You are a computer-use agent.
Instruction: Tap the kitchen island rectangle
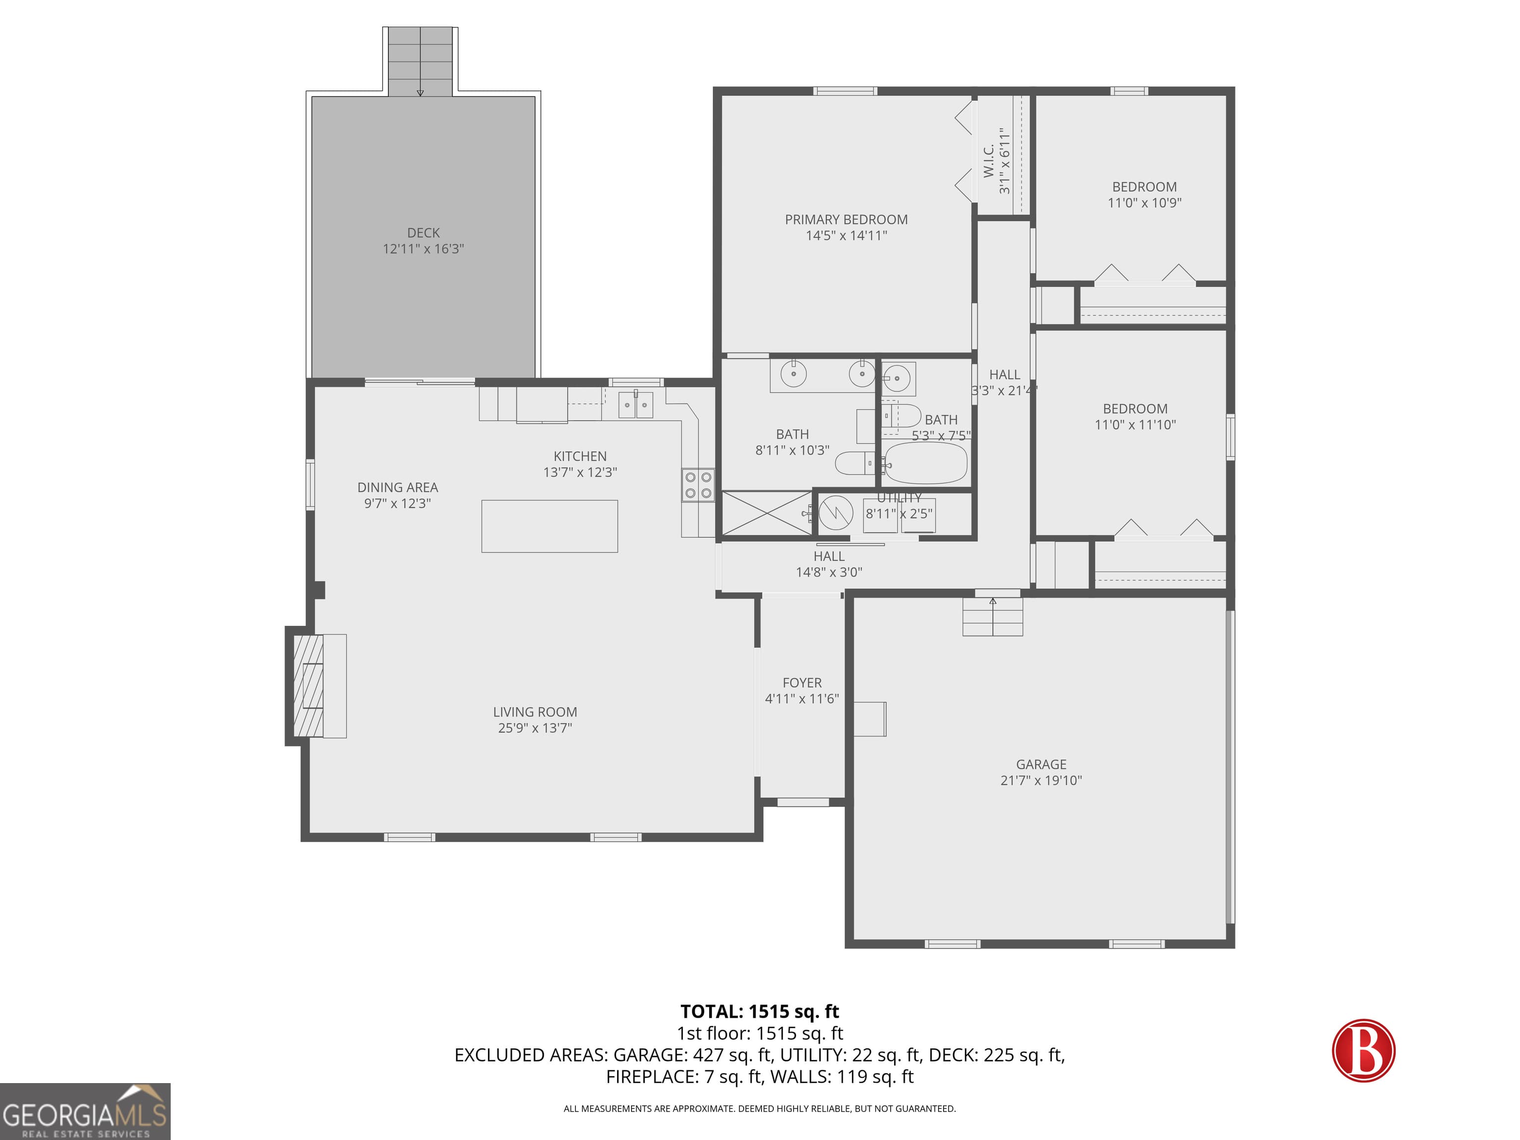coord(549,525)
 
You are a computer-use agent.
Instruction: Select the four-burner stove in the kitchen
coord(698,484)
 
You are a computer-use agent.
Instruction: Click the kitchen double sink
coord(636,405)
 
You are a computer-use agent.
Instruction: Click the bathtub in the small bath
coord(926,463)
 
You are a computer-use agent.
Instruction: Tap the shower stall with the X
coord(766,513)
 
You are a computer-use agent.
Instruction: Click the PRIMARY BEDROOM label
coord(846,220)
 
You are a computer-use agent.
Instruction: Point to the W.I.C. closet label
coord(989,161)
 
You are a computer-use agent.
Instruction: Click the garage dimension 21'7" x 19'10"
coord(1041,780)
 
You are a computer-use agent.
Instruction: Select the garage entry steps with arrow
coord(992,617)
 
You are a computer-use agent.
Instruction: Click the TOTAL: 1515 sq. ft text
coord(760,1011)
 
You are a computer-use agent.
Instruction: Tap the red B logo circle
coord(1363,1050)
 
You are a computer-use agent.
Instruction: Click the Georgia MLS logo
coord(85,1111)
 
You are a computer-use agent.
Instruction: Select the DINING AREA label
coord(397,487)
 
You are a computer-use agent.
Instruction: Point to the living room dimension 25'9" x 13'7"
coord(534,728)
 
